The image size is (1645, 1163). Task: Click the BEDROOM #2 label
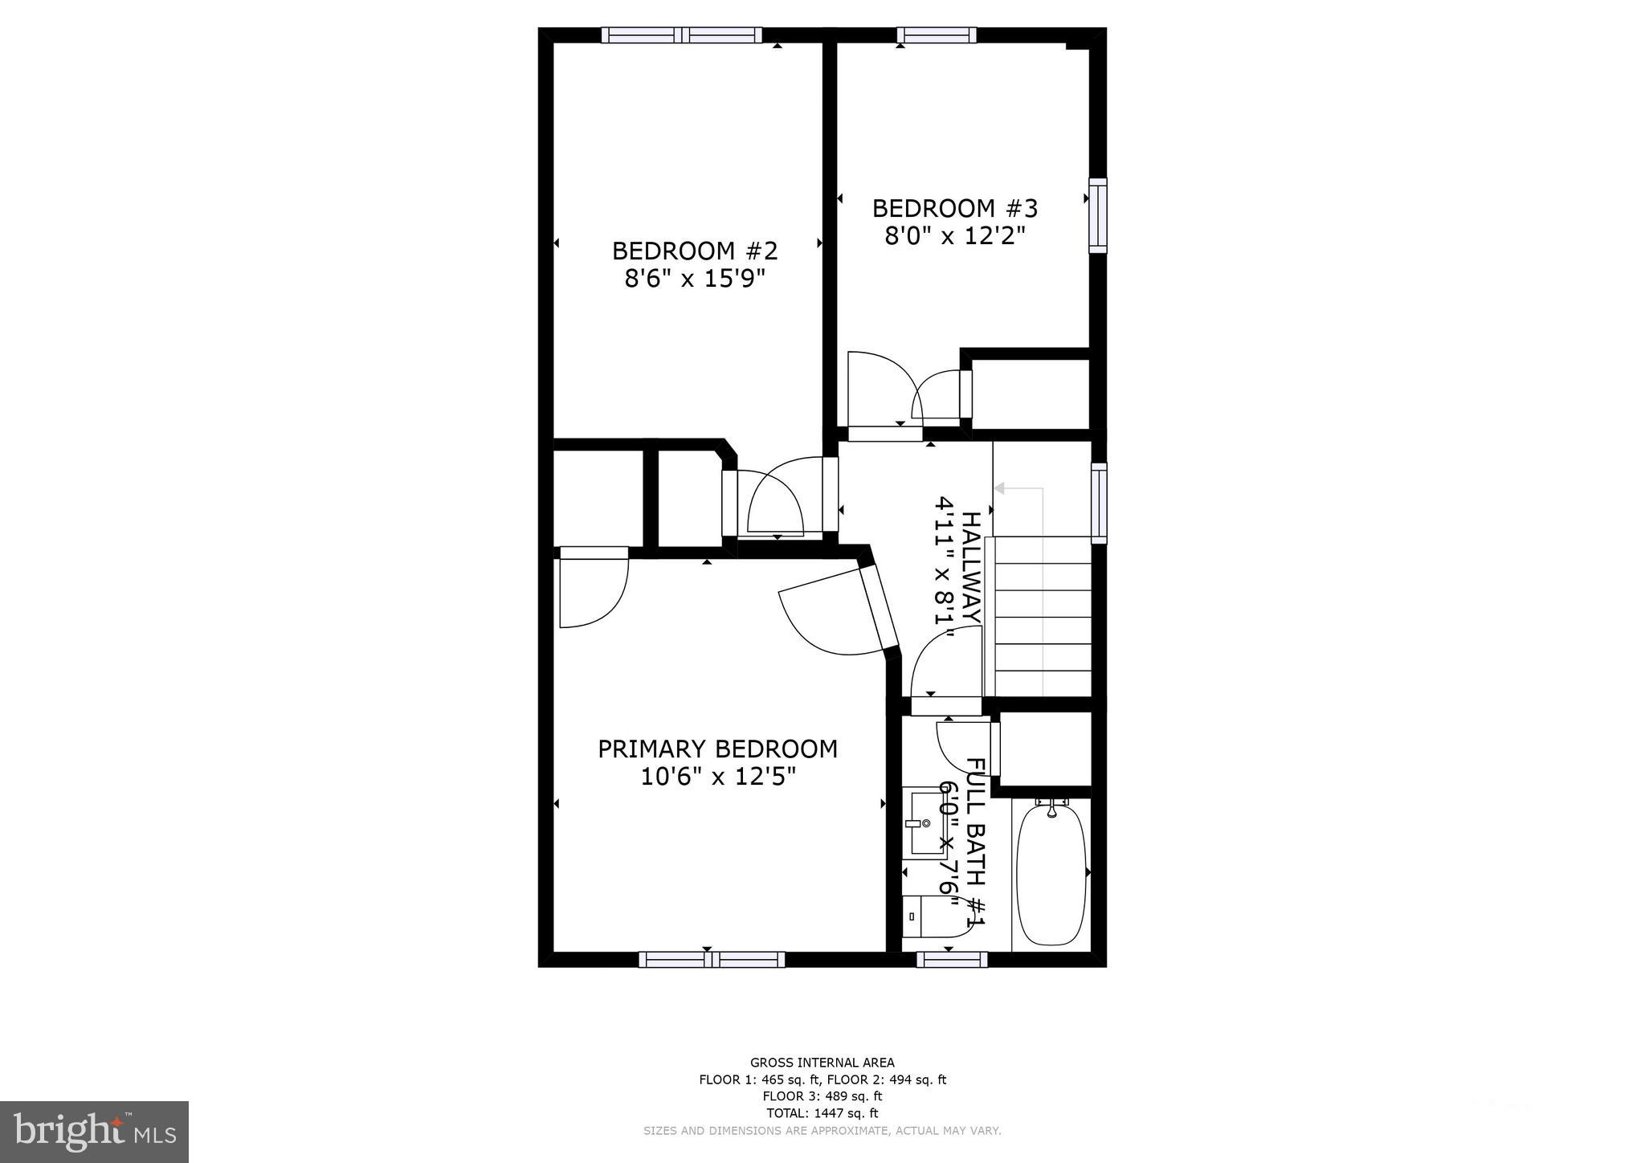pos(695,251)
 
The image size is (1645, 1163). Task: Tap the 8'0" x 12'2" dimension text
pos(955,236)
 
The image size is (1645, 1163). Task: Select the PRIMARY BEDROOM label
pos(717,749)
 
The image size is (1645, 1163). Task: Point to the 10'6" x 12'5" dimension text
pos(717,777)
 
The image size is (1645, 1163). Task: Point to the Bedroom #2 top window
pos(682,35)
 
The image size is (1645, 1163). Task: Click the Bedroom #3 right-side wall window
pos(1097,215)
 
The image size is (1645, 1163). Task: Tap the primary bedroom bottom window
pos(712,959)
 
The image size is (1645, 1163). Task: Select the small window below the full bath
pos(952,959)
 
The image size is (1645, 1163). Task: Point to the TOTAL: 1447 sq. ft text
pos(822,1113)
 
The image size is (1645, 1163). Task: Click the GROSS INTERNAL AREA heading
pos(822,1063)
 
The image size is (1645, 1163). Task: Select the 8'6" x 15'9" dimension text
pos(695,279)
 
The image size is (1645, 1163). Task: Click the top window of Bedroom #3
pos(936,35)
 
